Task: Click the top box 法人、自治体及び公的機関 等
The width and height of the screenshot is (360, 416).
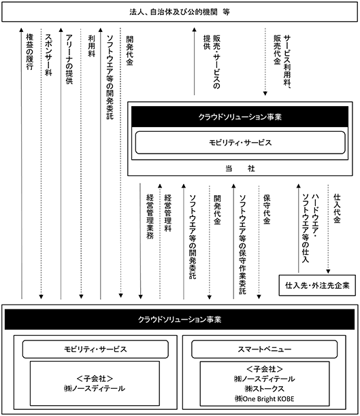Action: pos(180,12)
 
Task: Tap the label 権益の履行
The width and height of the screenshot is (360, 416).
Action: pos(29,52)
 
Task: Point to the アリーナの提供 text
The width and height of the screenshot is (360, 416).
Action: pos(69,59)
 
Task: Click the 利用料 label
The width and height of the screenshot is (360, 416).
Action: pos(91,46)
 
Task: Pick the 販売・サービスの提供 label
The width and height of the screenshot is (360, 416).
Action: pos(212,62)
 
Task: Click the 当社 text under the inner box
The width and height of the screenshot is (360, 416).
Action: pos(240,168)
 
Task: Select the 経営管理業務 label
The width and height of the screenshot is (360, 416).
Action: pos(150,216)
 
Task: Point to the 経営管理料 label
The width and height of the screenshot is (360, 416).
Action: pos(168,213)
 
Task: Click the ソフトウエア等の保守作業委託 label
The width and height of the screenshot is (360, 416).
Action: pos(242,244)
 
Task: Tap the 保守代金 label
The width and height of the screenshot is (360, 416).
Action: pos(267,209)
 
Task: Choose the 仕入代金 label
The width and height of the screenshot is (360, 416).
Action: pos(337,208)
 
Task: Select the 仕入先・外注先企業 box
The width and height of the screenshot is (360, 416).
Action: pos(317,285)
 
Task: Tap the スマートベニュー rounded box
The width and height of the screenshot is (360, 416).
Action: pos(264,349)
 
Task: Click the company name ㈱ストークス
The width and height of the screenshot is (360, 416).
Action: pos(264,389)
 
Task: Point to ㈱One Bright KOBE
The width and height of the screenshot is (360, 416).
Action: pos(264,398)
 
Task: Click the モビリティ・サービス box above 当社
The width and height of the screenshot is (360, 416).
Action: pos(240,143)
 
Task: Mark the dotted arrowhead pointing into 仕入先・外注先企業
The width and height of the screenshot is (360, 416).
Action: pos(328,271)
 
